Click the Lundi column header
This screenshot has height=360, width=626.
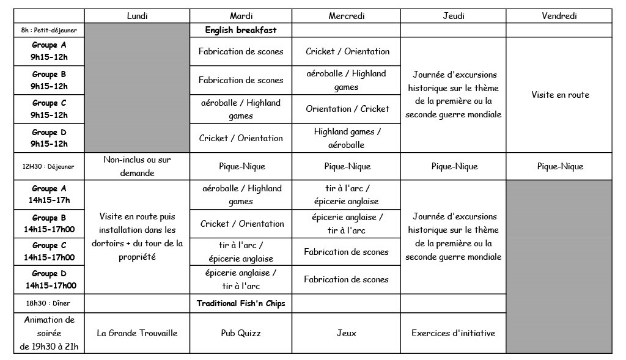(137, 16)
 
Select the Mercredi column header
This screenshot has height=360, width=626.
(348, 16)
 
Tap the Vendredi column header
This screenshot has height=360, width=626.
(559, 16)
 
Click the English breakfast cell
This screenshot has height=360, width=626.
(241, 30)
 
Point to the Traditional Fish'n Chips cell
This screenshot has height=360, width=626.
(241, 303)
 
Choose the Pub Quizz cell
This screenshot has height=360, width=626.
(241, 333)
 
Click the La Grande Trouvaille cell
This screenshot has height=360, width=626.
(137, 333)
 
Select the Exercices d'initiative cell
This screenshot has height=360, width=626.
(453, 333)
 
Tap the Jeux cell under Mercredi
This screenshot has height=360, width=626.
(348, 333)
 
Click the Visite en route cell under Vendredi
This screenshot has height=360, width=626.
(559, 95)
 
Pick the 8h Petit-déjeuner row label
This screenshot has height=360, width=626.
(49, 30)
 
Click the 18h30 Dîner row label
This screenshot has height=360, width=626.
(49, 303)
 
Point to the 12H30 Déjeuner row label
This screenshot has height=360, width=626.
(49, 166)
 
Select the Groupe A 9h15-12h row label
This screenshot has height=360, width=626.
(49, 51)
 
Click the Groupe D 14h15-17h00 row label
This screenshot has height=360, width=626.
(49, 279)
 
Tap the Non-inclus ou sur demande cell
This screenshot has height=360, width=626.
(137, 166)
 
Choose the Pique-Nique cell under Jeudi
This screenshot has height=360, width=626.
(453, 166)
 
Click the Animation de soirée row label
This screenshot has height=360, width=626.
(49, 333)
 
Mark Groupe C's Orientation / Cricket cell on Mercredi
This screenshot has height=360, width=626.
(348, 109)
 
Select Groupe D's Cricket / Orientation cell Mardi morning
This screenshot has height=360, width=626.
(241, 138)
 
